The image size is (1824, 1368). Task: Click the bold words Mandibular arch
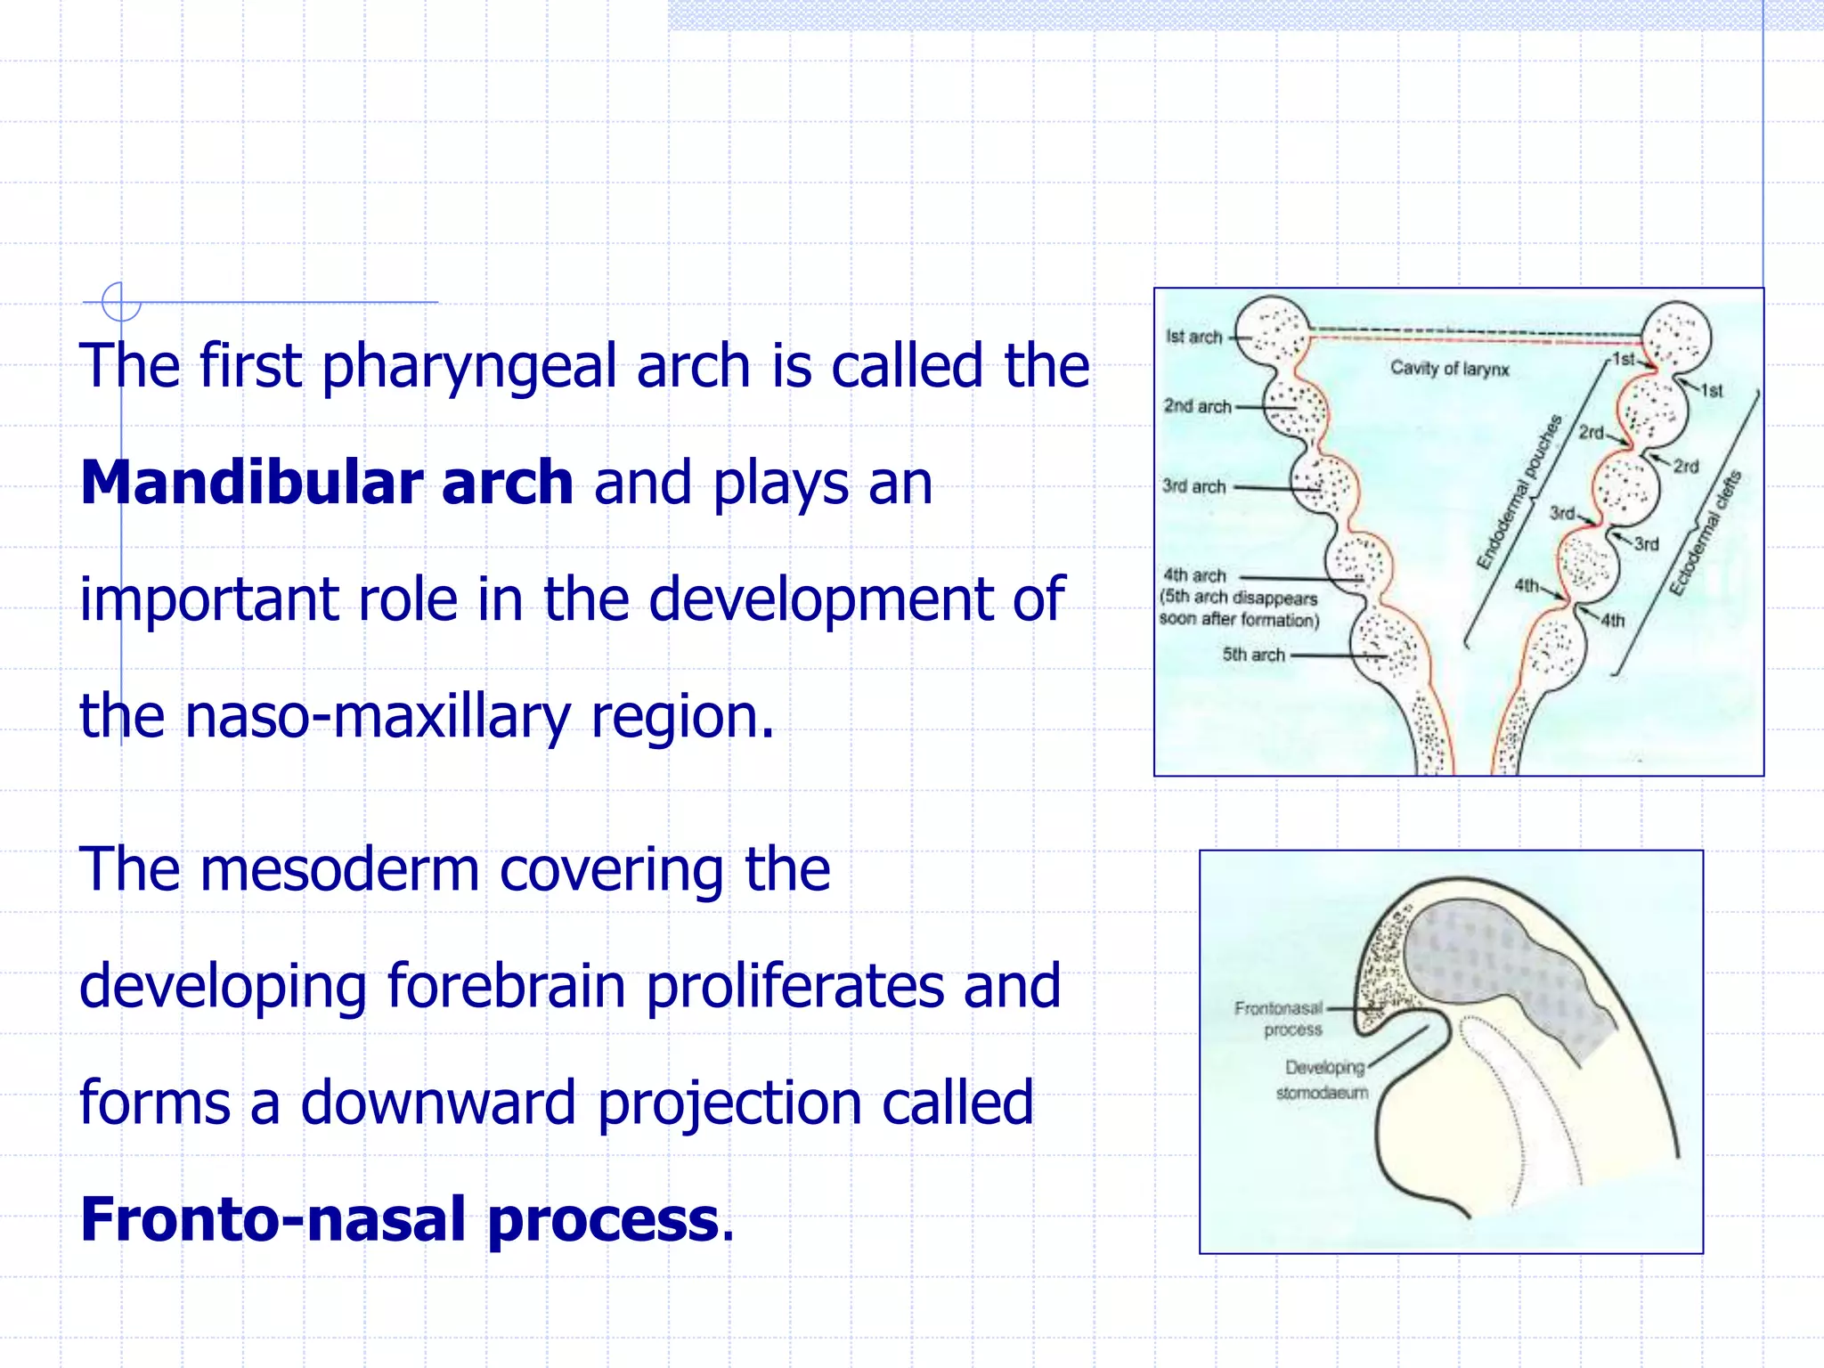click(x=326, y=484)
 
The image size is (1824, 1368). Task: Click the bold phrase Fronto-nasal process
click(x=400, y=1219)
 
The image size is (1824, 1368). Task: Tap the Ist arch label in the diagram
click(x=1193, y=337)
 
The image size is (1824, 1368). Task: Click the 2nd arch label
click(x=1197, y=406)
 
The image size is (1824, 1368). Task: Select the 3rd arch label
click(x=1193, y=486)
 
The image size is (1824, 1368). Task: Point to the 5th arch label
click(x=1253, y=655)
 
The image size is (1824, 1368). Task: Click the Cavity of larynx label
click(x=1449, y=368)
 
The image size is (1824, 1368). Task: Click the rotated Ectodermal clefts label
click(x=1705, y=533)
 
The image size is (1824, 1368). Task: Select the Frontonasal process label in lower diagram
click(x=1280, y=1019)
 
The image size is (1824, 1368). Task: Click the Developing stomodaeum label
click(x=1323, y=1079)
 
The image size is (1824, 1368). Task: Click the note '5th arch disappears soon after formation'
click(x=1239, y=608)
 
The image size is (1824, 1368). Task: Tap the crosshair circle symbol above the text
click(x=121, y=302)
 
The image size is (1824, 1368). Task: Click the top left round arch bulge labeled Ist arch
click(x=1271, y=330)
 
